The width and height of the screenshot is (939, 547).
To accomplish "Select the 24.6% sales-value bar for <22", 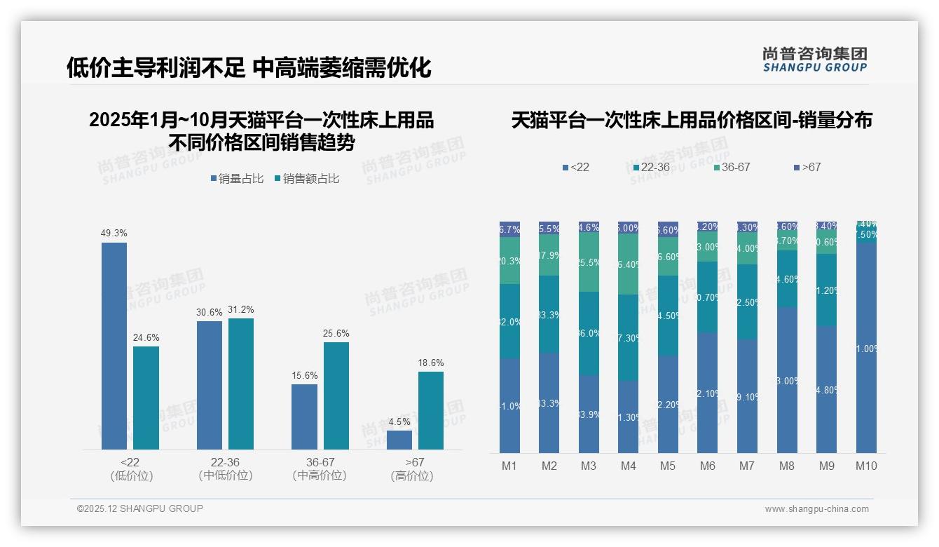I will tap(146, 398).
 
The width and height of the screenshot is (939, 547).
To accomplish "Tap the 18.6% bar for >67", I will tap(431, 410).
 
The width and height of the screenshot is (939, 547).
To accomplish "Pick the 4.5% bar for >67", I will tap(399, 440).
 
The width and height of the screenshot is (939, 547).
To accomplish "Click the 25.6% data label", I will tap(336, 334).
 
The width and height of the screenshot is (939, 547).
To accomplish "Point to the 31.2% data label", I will tap(241, 310).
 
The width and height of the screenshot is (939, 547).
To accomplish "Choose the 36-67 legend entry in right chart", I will tap(732, 168).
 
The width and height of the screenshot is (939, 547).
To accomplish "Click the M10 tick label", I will tap(866, 466).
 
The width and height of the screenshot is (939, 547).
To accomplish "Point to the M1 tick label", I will tap(509, 466).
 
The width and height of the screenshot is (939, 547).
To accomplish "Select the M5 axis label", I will tap(668, 466).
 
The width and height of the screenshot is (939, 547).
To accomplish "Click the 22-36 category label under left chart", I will tap(225, 462).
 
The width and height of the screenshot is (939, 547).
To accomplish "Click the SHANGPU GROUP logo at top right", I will tap(814, 60).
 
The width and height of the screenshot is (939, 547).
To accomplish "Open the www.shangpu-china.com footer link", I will tap(816, 509).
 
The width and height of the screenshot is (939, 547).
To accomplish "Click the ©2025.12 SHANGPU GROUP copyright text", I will tap(140, 508).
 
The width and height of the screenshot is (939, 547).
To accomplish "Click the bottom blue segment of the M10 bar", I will tap(866, 347).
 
